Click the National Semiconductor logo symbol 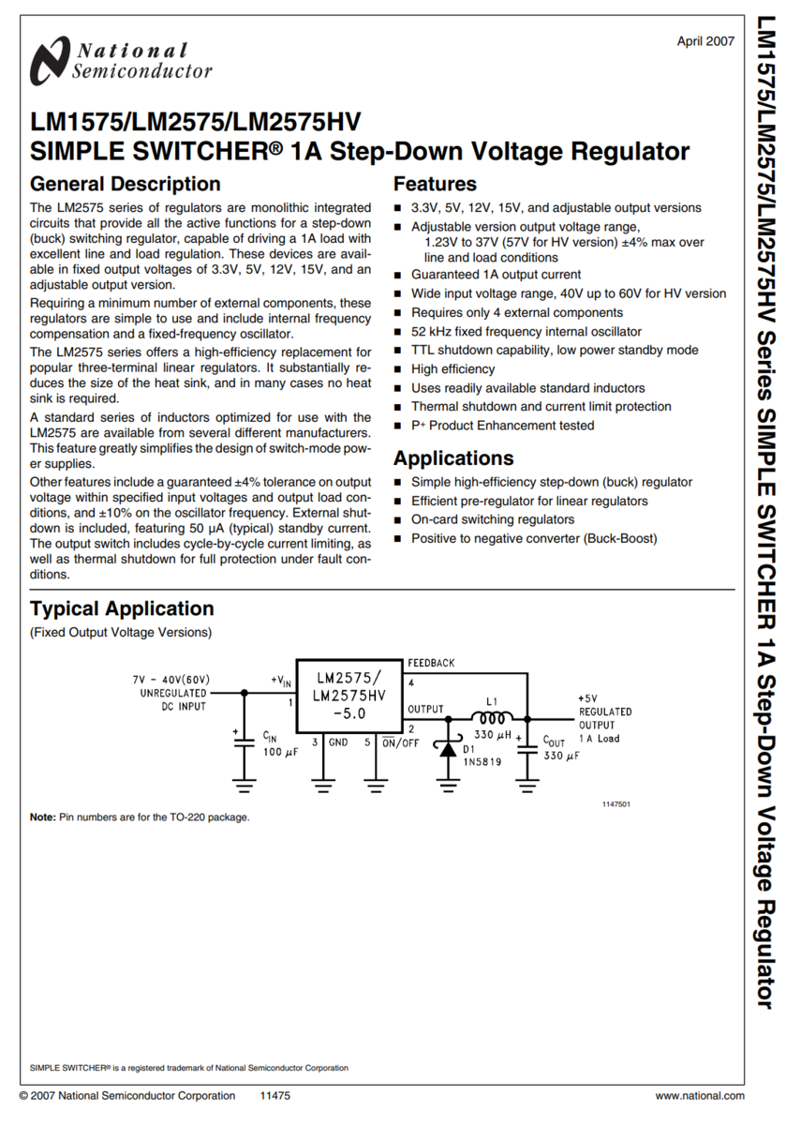50,62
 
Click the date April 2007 705,41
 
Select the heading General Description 125,184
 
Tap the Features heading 435,184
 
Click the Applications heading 453,458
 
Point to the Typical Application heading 122,608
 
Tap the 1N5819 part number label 482,763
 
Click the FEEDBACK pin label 431,663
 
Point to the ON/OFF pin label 401,742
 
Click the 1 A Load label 599,739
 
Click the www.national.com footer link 700,1096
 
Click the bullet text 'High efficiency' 452,369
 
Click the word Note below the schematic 42,817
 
